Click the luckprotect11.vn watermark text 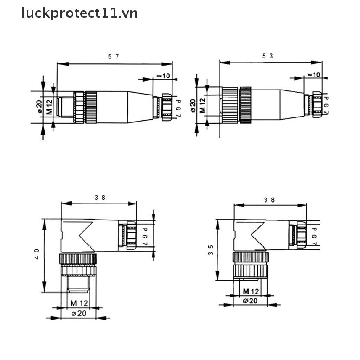click(79, 13)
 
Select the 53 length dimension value click(268, 56)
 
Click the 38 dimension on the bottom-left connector click(100, 197)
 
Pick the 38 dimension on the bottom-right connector click(270, 200)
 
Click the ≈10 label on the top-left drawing click(163, 76)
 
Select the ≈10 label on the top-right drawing click(314, 75)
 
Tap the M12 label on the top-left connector click(49, 107)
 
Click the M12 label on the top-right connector click(202, 105)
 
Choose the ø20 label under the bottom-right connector click(251, 301)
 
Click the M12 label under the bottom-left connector click(78, 303)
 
